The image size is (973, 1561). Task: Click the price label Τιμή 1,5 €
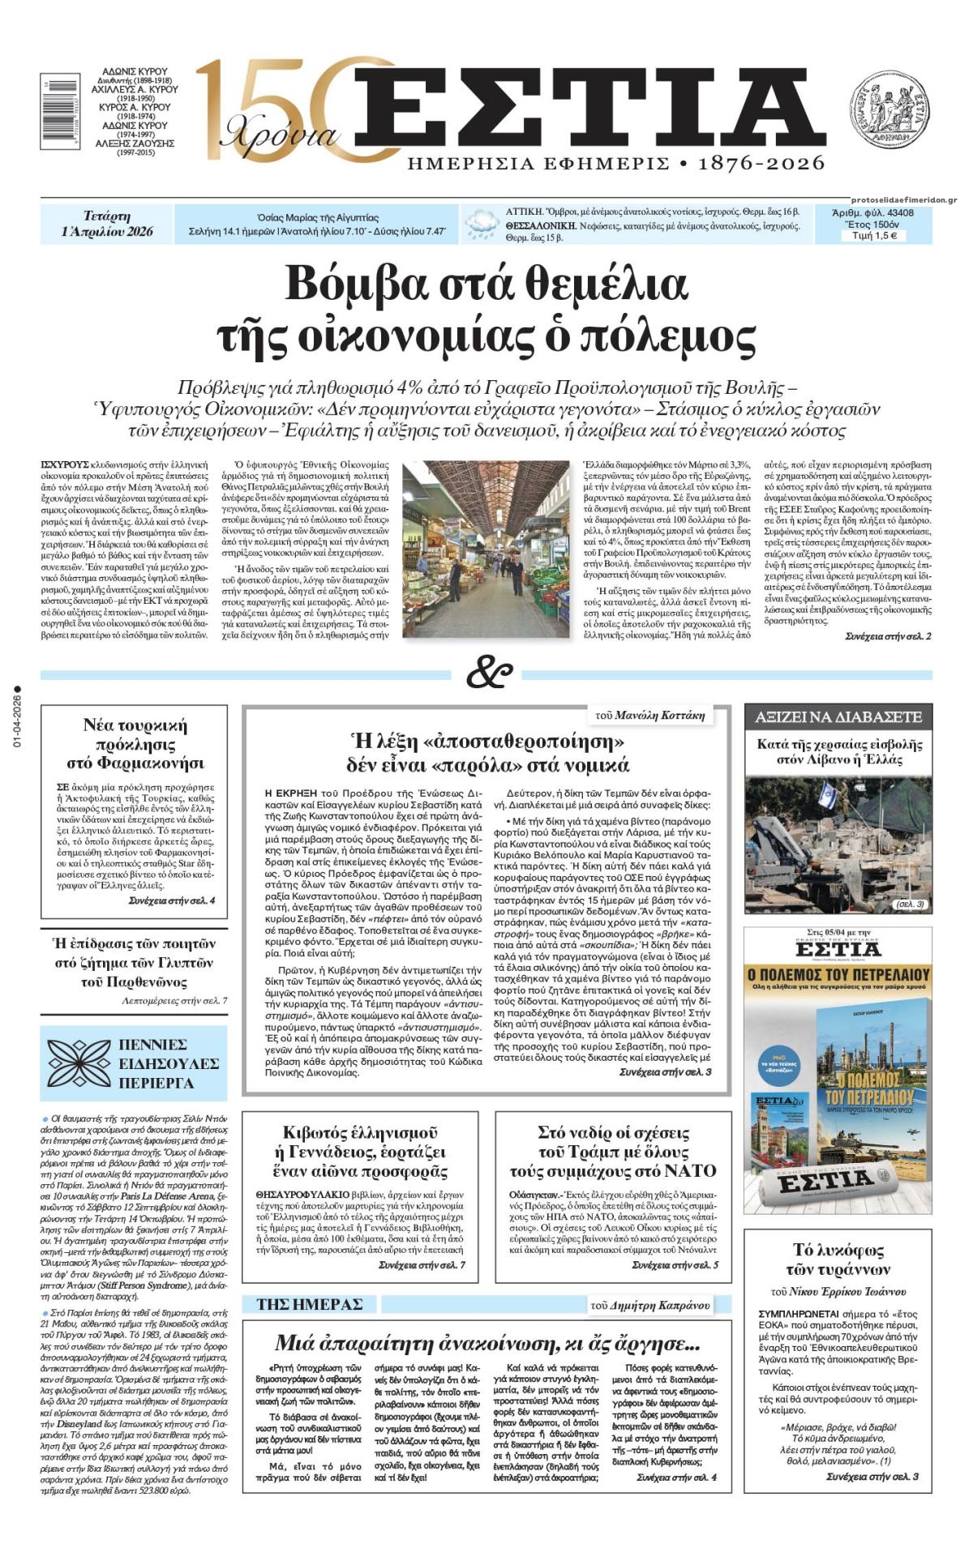(874, 236)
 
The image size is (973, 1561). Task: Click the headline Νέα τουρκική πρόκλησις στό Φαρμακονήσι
(135, 743)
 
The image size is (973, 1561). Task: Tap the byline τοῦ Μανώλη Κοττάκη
(649, 715)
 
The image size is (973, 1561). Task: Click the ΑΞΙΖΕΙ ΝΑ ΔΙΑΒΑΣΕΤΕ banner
(838, 716)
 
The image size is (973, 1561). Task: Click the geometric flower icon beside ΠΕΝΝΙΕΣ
(78, 1063)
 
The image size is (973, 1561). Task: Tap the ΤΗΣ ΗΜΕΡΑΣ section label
(310, 1304)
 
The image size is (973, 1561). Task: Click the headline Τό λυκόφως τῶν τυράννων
(838, 1259)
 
